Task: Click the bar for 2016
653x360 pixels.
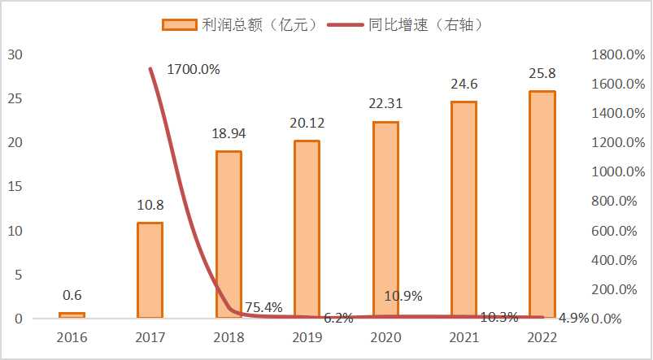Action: pos(72,314)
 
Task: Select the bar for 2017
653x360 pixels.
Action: pos(150,270)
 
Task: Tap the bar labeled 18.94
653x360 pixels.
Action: pos(229,234)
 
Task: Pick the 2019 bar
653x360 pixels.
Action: pos(307,229)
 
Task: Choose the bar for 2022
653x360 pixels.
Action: pos(542,204)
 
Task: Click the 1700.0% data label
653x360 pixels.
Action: pos(194,69)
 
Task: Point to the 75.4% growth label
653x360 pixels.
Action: pos(263,306)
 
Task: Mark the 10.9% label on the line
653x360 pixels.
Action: pos(404,296)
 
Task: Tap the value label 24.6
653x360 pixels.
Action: pos(464,83)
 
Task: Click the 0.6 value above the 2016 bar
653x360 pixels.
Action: pos(72,295)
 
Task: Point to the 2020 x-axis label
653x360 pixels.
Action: pos(385,336)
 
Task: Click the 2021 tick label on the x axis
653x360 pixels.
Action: pos(464,336)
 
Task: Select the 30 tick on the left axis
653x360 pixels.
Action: pos(15,54)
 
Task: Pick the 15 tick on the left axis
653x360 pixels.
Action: pos(15,187)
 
